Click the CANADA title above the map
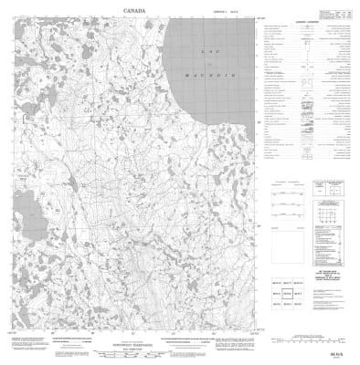[135, 11]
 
